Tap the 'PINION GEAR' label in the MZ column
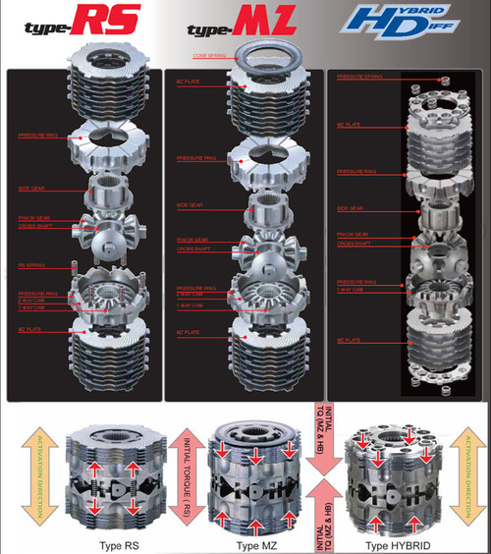[x=191, y=238]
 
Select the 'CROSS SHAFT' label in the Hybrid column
[x=353, y=244]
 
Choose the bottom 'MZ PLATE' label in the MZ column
[x=191, y=333]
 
